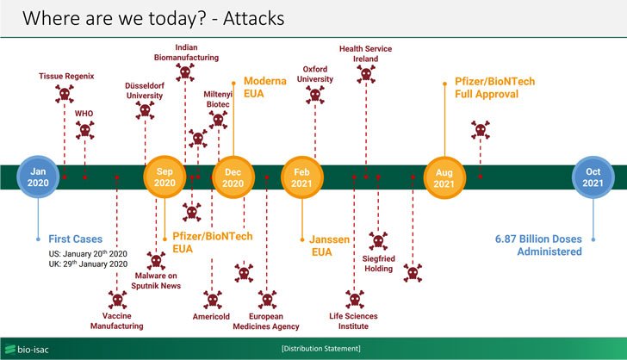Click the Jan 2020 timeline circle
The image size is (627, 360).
39,177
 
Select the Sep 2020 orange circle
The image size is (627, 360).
165,177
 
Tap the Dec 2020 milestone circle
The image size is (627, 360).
233,177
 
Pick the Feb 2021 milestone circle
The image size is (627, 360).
302,177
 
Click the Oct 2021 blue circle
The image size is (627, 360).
593,177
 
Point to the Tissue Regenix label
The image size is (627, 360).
65,76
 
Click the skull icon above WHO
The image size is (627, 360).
84,131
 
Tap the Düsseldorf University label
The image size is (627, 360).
145,90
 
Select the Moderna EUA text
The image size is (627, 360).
264,87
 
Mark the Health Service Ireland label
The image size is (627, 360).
366,55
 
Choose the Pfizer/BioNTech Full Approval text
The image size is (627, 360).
494,88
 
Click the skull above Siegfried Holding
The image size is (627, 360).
378,241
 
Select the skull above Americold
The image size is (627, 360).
212,299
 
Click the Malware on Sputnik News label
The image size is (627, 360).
157,281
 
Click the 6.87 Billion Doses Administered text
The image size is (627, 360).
538,245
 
